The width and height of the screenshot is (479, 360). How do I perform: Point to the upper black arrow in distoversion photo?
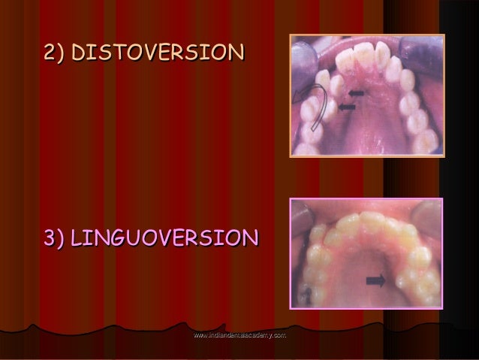355,94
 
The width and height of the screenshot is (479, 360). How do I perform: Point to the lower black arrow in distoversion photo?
346,108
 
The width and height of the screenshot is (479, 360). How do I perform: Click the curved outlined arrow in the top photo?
315,105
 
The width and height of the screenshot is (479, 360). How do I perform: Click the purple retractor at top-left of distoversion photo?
301,49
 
